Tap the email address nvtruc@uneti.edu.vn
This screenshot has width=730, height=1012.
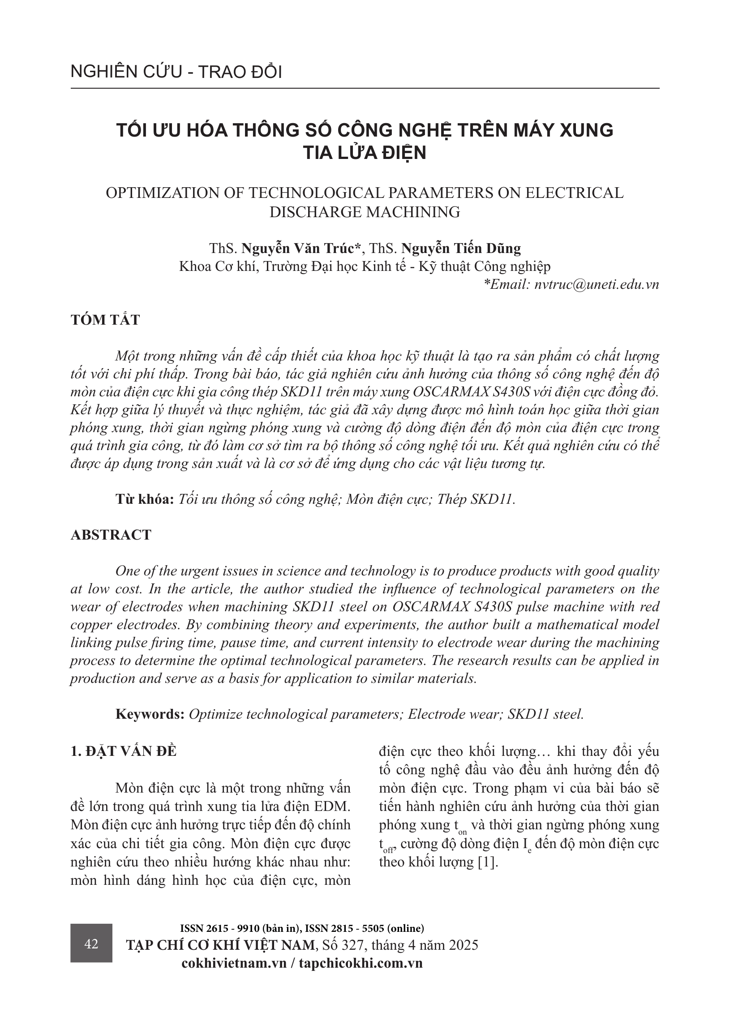point(597,284)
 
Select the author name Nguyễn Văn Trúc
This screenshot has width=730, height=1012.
point(301,248)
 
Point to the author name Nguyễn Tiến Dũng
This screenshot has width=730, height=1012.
point(461,248)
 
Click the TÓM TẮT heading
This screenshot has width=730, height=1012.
point(105,320)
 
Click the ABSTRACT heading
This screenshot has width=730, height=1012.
point(111,535)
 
